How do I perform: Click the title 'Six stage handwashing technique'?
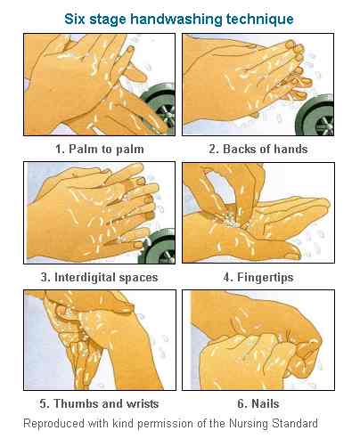tap(180, 17)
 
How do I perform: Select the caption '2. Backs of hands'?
tap(258, 149)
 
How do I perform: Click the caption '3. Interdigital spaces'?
tap(103, 277)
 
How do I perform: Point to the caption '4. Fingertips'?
tap(258, 277)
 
